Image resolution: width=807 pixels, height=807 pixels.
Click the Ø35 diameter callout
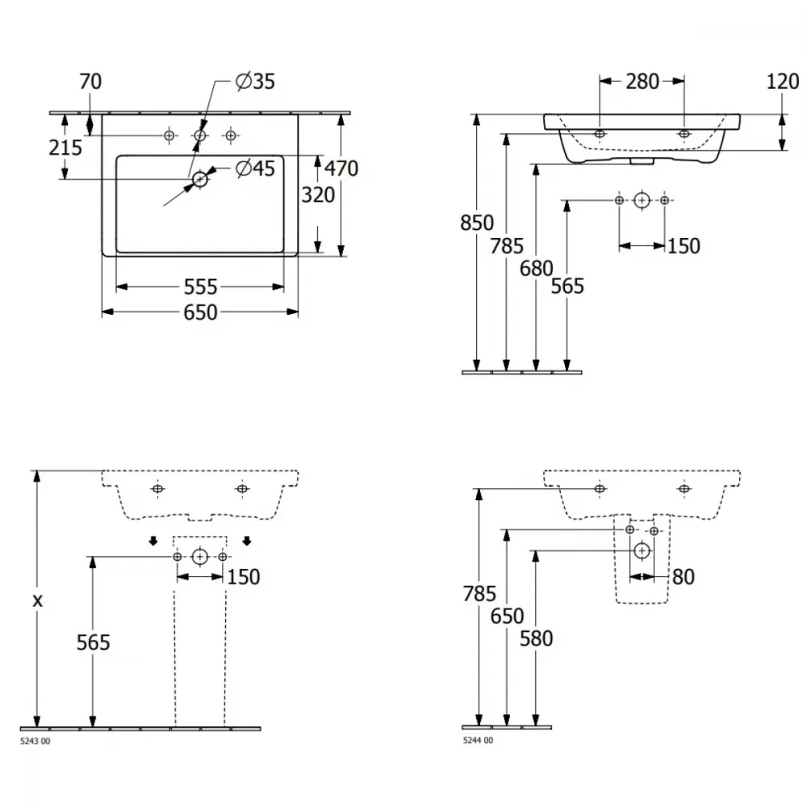tap(255, 82)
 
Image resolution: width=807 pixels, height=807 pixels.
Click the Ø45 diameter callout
tap(255, 169)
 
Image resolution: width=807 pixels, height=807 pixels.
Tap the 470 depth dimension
tap(341, 169)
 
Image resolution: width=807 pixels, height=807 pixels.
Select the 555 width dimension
tap(201, 287)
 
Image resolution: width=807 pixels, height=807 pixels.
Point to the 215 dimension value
tap(65, 148)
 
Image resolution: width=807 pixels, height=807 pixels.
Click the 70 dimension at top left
tap(90, 82)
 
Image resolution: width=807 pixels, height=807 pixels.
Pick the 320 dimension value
tap(318, 195)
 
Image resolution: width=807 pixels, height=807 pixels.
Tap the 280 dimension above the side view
tap(642, 82)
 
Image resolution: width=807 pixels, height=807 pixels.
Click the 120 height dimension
tap(783, 82)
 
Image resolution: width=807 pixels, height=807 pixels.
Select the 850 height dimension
tap(477, 223)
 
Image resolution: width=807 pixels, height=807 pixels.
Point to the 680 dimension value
tap(537, 268)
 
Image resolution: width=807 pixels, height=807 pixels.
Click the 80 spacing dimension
tap(684, 577)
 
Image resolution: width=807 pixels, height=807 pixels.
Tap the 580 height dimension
tap(537, 638)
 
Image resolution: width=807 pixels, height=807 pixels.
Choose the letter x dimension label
tap(37, 600)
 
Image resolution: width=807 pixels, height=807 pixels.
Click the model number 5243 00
tap(35, 741)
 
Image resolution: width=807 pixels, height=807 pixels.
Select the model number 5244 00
tap(478, 740)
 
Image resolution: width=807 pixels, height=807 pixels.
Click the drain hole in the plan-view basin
tap(199, 179)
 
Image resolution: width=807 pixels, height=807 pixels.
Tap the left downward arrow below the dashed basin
tap(153, 541)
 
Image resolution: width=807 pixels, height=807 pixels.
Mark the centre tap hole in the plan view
tap(199, 136)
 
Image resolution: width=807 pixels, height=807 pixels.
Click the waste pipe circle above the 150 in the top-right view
tap(642, 200)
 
